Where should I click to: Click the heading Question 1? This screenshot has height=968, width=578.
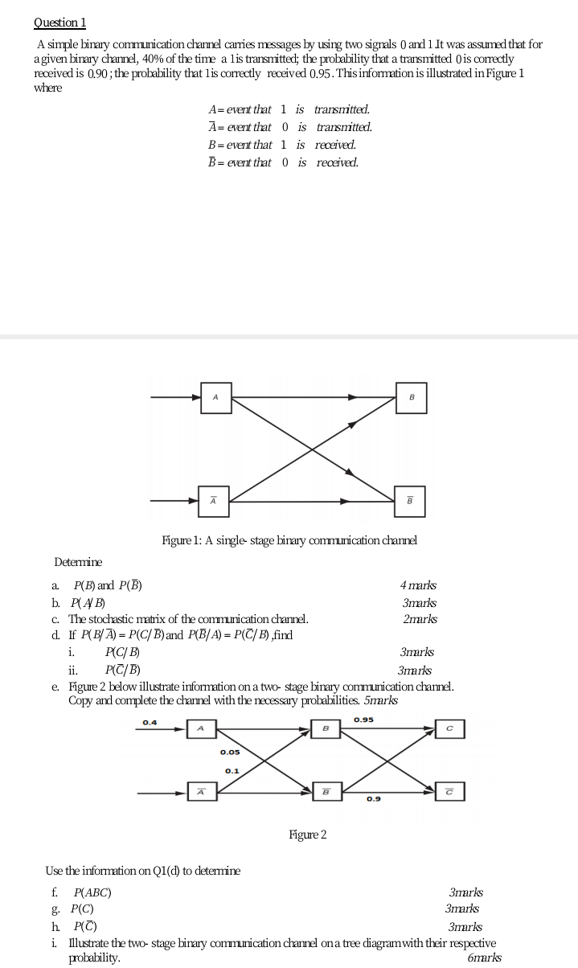coord(59,23)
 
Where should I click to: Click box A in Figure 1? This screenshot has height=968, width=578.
coord(215,397)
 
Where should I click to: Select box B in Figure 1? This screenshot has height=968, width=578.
coord(411,397)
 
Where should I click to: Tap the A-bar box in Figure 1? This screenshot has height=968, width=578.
coord(214,501)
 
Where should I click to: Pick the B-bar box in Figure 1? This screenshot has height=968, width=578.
coord(410,501)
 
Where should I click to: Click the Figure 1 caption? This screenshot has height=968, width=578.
coord(289,540)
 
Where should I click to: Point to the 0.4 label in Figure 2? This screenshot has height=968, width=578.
coord(150,722)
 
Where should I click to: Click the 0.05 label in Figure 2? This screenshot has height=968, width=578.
coord(230,753)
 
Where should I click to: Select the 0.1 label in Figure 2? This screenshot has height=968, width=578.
coord(232,770)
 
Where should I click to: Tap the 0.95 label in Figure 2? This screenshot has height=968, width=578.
coord(363,719)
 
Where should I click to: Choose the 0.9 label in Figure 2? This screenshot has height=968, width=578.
coord(373,799)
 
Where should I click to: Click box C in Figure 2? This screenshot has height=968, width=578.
coord(450,728)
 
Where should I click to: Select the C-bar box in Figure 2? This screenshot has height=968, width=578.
coord(450,793)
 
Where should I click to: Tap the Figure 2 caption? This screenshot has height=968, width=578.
coord(307,835)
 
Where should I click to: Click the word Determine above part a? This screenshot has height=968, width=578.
coord(78,562)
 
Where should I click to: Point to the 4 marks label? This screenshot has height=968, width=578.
coord(418,585)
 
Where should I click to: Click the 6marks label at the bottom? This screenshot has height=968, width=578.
coord(484,958)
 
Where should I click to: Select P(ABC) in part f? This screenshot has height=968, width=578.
coord(92,892)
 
